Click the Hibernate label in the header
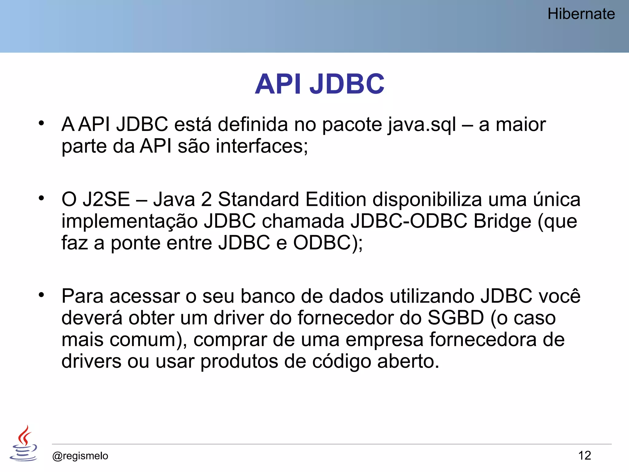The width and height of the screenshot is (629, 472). point(581,14)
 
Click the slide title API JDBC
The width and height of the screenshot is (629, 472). point(319,84)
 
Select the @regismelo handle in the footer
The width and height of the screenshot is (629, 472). point(80,456)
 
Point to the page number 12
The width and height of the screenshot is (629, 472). point(584,455)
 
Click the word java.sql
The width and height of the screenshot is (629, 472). point(422,125)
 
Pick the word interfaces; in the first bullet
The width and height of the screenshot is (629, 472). point(262,146)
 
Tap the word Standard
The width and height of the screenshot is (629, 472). point(258,199)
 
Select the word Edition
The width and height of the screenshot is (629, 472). point(336,199)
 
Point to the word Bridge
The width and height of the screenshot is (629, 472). point(502,221)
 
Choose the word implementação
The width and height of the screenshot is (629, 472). point(129,222)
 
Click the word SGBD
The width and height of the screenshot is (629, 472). point(456,318)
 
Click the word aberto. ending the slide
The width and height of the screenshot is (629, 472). point(408,361)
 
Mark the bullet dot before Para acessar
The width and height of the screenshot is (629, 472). point(41,295)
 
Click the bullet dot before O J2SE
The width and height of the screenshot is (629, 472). point(41,198)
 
